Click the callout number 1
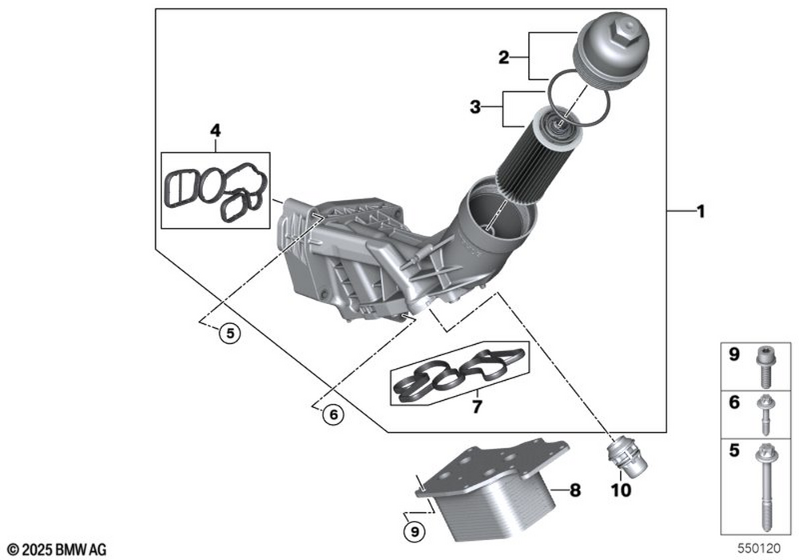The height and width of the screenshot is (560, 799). (x=700, y=212)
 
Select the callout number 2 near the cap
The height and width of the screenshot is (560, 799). (x=503, y=57)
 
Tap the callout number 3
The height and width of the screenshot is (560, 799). (x=475, y=107)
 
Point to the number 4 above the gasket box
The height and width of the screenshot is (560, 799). (x=214, y=129)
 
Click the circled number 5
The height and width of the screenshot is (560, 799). (x=229, y=334)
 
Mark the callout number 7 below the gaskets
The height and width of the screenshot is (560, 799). (x=476, y=406)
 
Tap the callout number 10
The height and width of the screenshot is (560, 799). (x=621, y=490)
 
